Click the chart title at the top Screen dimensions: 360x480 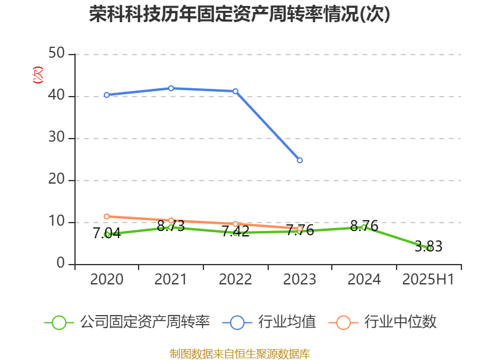click(x=240, y=14)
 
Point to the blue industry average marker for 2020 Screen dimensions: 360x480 click(x=106, y=95)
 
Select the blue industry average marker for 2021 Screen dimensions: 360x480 click(x=171, y=88)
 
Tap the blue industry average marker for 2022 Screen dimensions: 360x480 click(x=235, y=91)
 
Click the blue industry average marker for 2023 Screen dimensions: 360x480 click(x=300, y=160)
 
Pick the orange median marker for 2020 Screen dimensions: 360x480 click(x=106, y=216)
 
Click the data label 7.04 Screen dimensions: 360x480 click(x=106, y=233)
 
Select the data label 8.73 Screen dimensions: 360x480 click(x=171, y=227)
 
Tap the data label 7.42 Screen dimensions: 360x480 click(x=235, y=231)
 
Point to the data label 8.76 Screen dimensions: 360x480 click(x=364, y=226)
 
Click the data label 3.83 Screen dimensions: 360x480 click(x=428, y=246)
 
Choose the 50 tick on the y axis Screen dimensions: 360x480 click(x=57, y=54)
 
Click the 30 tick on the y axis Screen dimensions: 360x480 click(x=57, y=138)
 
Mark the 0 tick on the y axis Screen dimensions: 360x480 click(x=61, y=263)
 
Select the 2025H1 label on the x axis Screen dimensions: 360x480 click(x=428, y=279)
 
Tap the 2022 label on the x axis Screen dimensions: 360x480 click(x=235, y=279)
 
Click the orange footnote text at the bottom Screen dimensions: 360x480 click(x=240, y=353)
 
